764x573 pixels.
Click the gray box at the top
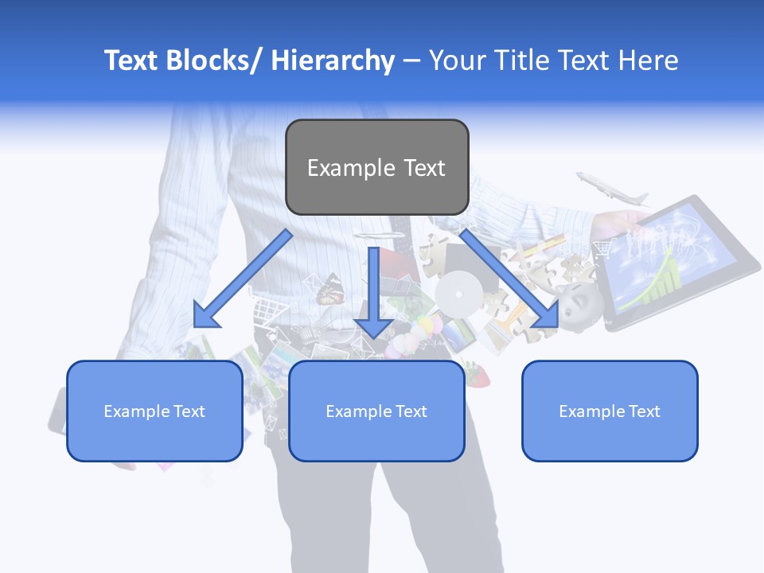tap(376, 167)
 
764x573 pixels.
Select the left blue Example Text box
tap(154, 411)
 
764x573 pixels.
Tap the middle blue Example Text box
tap(376, 411)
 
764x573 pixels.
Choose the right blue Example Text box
tap(610, 411)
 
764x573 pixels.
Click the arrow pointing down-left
tap(241, 281)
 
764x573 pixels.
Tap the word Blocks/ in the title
tap(212, 60)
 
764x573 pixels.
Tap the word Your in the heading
tap(454, 60)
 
